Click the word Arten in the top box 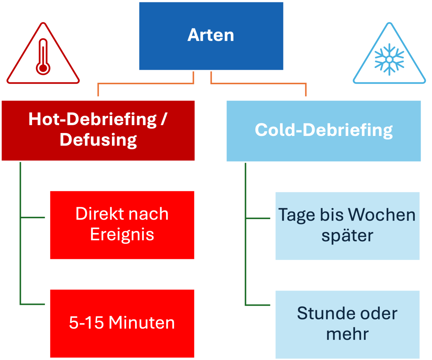(211, 35)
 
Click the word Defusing (98, 140)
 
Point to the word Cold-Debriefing (324, 130)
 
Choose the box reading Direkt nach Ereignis (122, 225)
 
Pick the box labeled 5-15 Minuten (122, 323)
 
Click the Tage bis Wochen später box (347, 225)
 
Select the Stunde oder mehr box (347, 324)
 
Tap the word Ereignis (122, 235)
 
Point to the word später (347, 236)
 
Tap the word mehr (347, 334)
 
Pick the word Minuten (141, 323)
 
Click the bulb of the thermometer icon (43, 68)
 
